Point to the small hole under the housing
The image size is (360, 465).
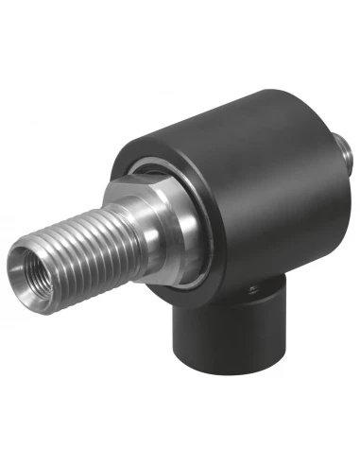pos(253,285)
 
